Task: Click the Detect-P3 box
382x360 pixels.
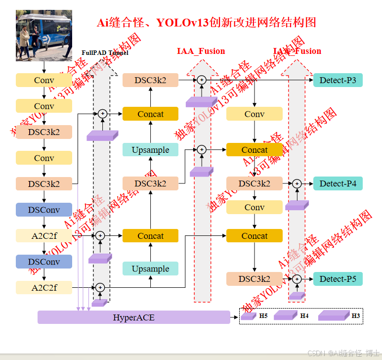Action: coord(338,80)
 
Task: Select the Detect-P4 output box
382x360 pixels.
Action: coord(338,183)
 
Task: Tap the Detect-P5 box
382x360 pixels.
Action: coord(338,279)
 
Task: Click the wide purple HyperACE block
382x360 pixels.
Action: coord(134,317)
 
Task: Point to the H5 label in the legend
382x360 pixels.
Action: coord(263,315)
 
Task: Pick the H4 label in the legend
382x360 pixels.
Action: coord(304,315)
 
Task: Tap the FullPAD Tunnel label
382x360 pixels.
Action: coord(105,52)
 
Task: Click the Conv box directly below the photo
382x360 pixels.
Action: coord(44,80)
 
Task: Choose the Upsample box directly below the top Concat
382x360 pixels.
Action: coord(150,150)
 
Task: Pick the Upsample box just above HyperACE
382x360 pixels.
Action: coord(150,269)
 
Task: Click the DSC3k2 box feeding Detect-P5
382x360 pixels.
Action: coord(255,279)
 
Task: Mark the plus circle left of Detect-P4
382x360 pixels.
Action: coord(297,183)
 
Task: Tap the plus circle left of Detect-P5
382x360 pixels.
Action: coord(297,279)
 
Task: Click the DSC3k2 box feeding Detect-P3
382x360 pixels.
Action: coord(150,80)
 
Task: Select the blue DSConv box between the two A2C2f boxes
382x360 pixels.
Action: coord(44,262)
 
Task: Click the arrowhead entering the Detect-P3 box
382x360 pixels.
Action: coord(311,80)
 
